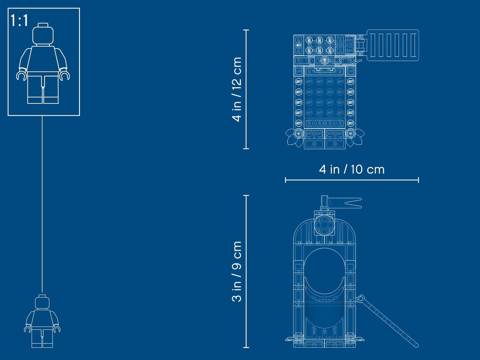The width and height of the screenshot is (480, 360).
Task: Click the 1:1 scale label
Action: pyautogui.click(x=19, y=21)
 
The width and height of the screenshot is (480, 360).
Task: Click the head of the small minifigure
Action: pyautogui.click(x=42, y=302)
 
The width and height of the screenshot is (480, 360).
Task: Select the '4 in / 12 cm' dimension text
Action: pyautogui.click(x=237, y=89)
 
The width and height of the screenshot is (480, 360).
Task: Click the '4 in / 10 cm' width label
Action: pyautogui.click(x=351, y=170)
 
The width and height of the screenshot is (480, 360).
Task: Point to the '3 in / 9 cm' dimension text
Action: pyautogui.click(x=237, y=271)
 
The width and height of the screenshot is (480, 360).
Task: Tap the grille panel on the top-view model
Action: pyautogui.click(x=393, y=45)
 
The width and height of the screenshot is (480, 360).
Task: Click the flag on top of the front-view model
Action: pyautogui.click(x=350, y=203)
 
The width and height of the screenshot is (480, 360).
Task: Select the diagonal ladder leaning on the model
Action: pyautogui.click(x=387, y=321)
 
